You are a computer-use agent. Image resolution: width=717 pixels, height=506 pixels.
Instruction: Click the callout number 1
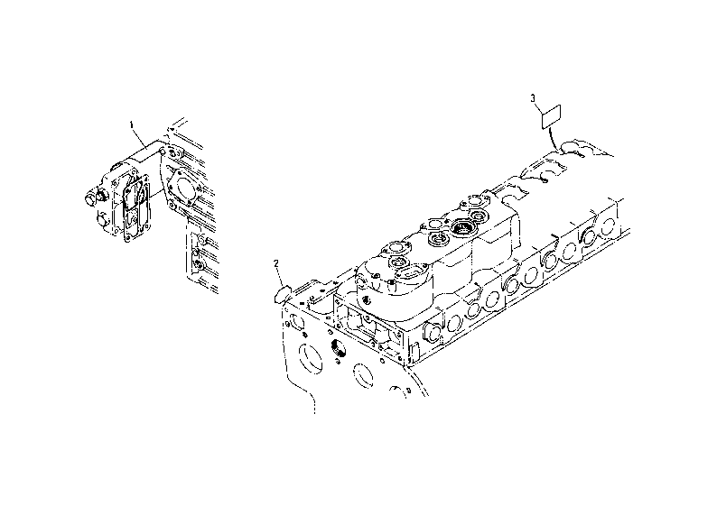point(132,124)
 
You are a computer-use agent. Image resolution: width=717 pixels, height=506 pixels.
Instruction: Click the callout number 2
point(276,263)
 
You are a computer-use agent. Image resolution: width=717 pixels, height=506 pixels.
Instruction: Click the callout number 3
point(532,97)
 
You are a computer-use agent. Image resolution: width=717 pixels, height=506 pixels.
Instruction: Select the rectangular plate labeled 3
point(552,117)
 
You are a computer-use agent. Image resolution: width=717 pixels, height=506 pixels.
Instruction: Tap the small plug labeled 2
point(282,294)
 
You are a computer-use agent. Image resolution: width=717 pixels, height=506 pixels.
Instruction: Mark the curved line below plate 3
point(552,140)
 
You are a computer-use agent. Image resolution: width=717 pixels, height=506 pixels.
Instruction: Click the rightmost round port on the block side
point(608,225)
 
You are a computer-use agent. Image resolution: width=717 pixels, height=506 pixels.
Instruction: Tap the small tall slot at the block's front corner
point(414,351)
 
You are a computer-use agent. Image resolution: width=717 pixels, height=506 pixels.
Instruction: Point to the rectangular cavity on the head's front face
point(361,322)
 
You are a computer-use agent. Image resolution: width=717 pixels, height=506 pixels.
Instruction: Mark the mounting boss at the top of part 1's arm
point(163,151)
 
